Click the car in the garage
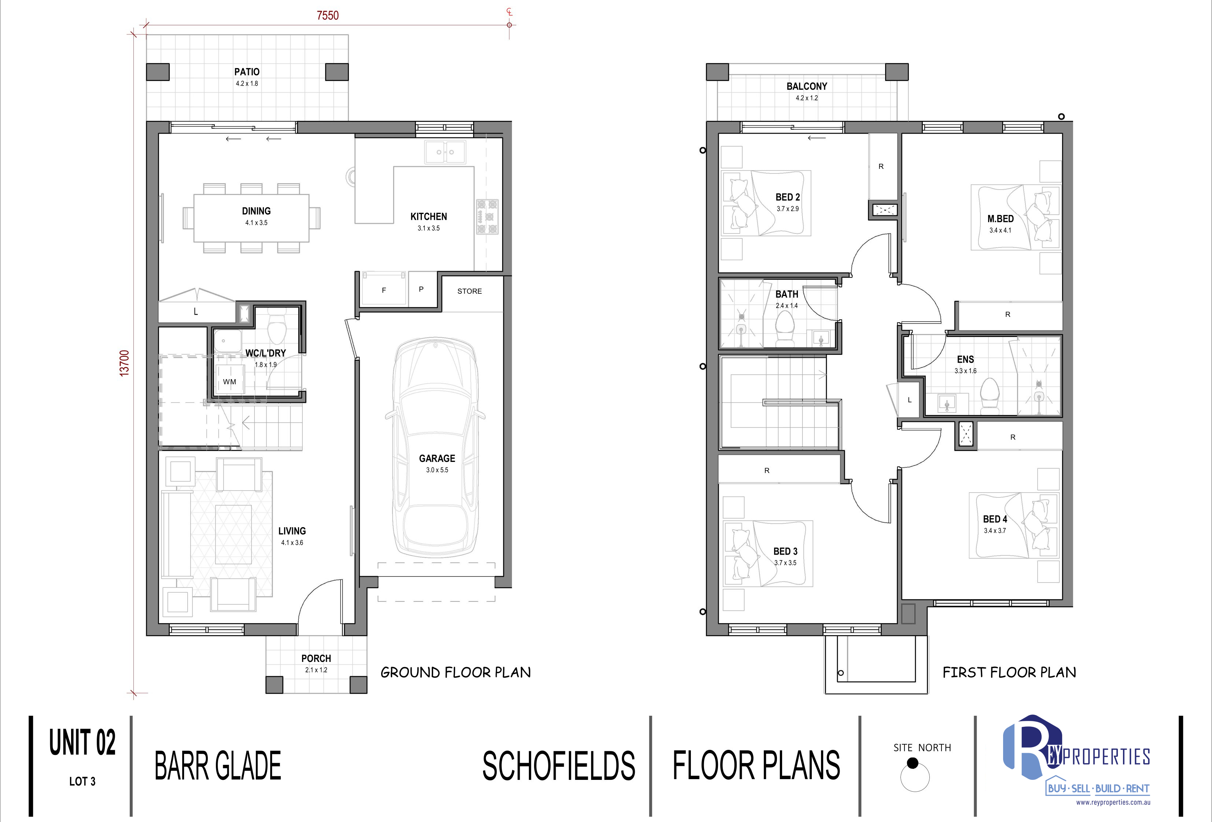pyautogui.click(x=435, y=448)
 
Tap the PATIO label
pyautogui.click(x=247, y=72)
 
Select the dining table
pyautogui.click(x=251, y=218)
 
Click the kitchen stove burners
pyautogui.click(x=487, y=217)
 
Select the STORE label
pyautogui.click(x=469, y=291)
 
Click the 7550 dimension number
pyautogui.click(x=328, y=16)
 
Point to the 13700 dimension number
pyautogui.click(x=124, y=363)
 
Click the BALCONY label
pyautogui.click(x=807, y=86)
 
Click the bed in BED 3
pyautogui.click(x=767, y=553)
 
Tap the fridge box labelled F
pyautogui.click(x=383, y=290)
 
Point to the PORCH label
pyautogui.click(x=316, y=658)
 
